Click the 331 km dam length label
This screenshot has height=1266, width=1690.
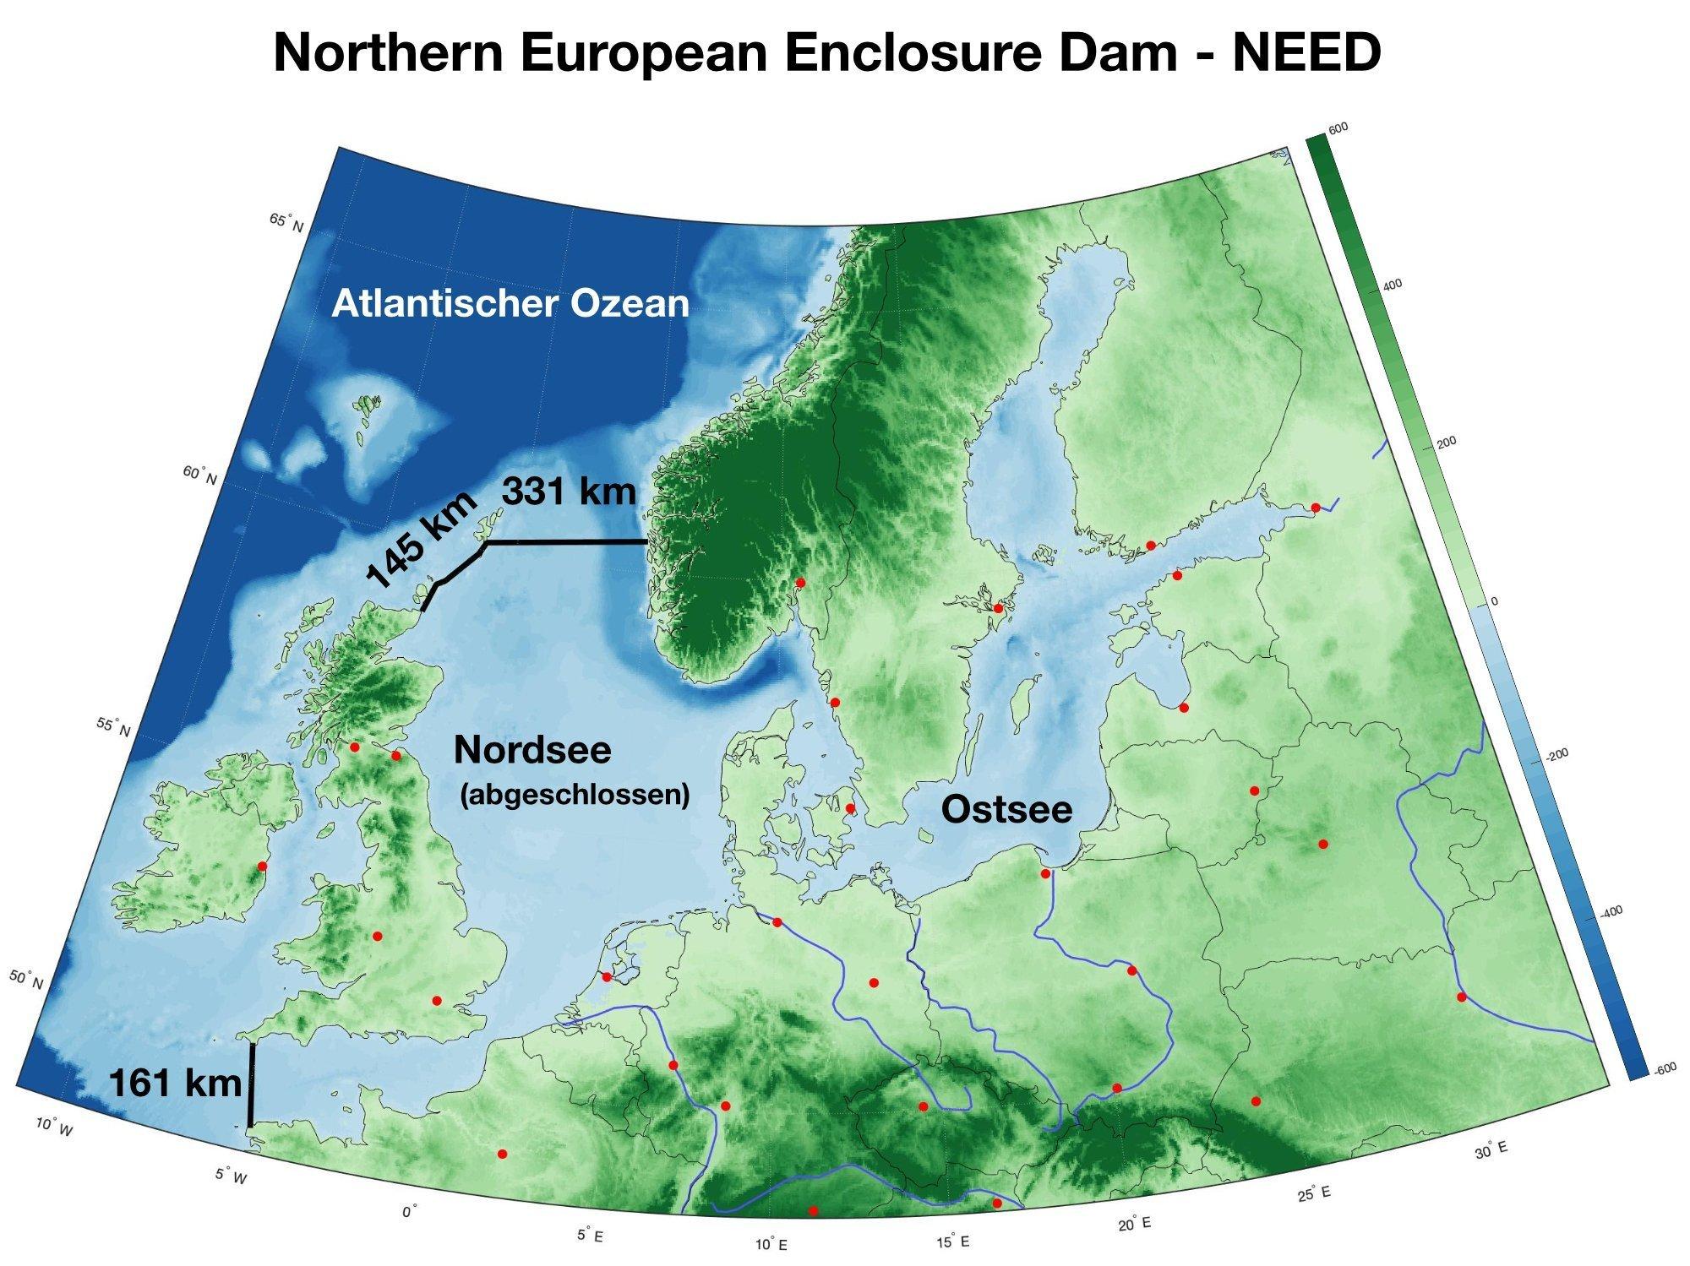568,492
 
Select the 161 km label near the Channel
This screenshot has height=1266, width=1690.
175,1084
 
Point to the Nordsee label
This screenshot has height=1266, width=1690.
532,750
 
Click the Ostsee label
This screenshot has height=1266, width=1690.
1006,810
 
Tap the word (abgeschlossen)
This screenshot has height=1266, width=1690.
575,795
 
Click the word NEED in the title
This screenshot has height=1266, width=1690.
1306,52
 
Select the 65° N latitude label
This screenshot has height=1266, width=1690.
286,223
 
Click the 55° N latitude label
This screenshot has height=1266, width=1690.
113,726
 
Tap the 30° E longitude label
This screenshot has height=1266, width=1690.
1491,1150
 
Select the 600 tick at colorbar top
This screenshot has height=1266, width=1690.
1338,128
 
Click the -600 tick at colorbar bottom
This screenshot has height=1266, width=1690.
1664,1069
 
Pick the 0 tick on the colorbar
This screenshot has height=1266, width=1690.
1493,601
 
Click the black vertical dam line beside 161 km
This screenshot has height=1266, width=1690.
251,1085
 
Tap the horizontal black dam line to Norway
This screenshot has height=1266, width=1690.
566,542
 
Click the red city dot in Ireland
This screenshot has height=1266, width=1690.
262,866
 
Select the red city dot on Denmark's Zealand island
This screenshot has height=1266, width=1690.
851,808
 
